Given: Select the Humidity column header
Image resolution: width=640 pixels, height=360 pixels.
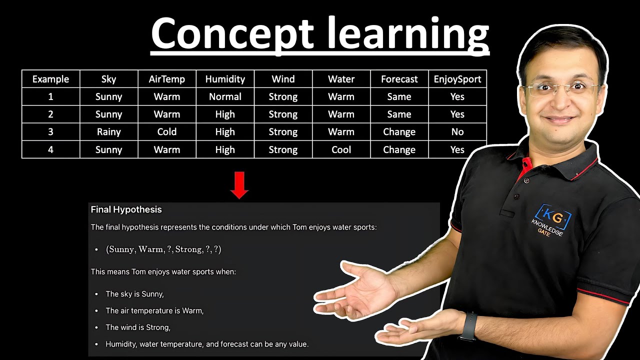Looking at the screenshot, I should (x=225, y=79).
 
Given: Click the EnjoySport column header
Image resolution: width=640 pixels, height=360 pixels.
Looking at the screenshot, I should (x=457, y=79).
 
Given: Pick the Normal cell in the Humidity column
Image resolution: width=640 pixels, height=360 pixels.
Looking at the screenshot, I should (x=225, y=96).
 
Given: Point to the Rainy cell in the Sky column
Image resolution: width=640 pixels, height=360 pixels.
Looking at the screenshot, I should (x=108, y=132).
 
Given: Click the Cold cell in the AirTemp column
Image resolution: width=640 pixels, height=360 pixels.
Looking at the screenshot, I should (x=166, y=132).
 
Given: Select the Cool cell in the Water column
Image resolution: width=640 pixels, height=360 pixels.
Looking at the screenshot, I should (x=341, y=149).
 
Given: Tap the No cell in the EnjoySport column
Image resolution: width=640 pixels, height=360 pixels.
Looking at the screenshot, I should (x=457, y=132).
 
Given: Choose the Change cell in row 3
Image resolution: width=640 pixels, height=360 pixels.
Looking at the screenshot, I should (x=399, y=132).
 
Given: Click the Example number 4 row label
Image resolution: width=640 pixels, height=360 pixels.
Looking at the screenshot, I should (x=50, y=149).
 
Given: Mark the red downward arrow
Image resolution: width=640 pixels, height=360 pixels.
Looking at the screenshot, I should (x=239, y=185).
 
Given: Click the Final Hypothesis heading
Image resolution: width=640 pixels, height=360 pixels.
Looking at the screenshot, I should (x=126, y=209).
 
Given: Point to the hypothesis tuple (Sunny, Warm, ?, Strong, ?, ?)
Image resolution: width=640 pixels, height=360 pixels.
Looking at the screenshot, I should (x=163, y=249).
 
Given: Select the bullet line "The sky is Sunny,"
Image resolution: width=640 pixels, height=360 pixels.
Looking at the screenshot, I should (x=134, y=294).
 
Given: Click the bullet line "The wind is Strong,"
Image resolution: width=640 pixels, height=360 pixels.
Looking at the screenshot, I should (x=138, y=327).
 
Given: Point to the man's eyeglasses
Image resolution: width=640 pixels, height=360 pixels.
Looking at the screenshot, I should (x=560, y=89).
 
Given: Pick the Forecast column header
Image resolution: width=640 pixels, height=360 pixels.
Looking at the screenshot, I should (x=399, y=79).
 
